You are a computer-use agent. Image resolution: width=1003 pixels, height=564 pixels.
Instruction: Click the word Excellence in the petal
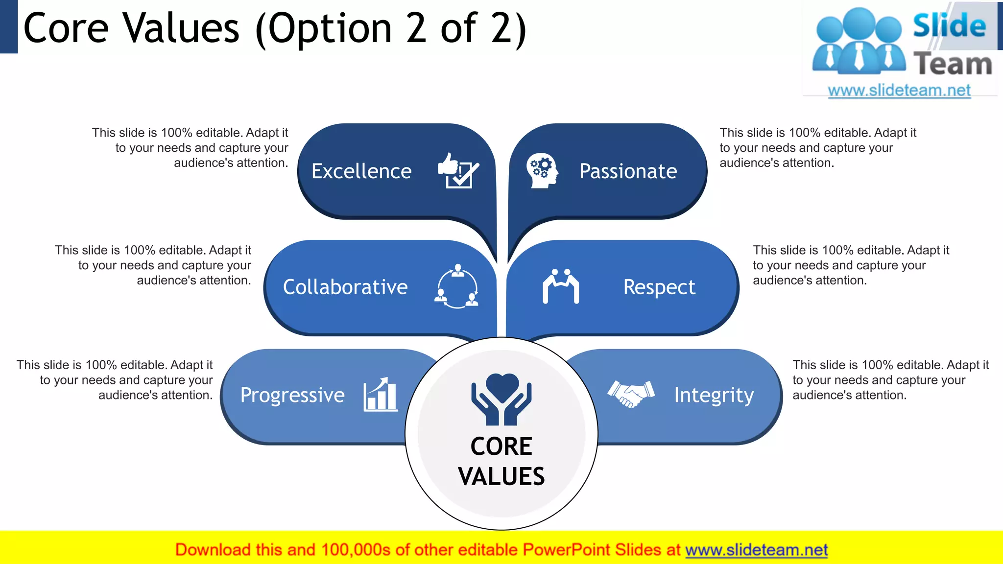tap(361, 171)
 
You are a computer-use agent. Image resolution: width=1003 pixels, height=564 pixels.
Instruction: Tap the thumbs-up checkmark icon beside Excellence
tap(458, 170)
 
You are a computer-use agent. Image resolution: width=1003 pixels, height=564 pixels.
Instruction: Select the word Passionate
tap(628, 171)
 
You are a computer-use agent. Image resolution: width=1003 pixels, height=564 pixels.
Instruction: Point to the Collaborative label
tap(345, 287)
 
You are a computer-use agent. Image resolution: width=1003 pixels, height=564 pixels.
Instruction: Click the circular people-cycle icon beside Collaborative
tap(457, 287)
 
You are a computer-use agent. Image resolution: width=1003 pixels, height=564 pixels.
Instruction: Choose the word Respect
tap(659, 287)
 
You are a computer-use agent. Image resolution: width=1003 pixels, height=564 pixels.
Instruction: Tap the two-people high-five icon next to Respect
tap(561, 286)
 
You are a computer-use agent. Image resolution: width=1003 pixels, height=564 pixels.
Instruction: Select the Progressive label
tap(292, 395)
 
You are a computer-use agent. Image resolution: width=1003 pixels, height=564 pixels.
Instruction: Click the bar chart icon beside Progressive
tap(381, 395)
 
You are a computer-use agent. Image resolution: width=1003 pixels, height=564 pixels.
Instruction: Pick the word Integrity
tap(714, 395)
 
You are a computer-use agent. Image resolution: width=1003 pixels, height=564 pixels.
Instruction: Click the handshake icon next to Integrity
tap(631, 394)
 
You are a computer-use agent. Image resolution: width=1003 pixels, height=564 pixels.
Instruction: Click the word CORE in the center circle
tap(501, 446)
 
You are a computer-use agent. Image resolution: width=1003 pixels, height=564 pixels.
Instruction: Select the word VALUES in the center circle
tap(501, 476)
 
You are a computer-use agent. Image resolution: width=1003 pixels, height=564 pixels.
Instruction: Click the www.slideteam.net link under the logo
tap(899, 91)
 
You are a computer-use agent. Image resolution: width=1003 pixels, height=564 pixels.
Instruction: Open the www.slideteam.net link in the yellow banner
tap(756, 550)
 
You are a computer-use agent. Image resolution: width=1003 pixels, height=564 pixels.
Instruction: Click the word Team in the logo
tap(953, 65)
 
